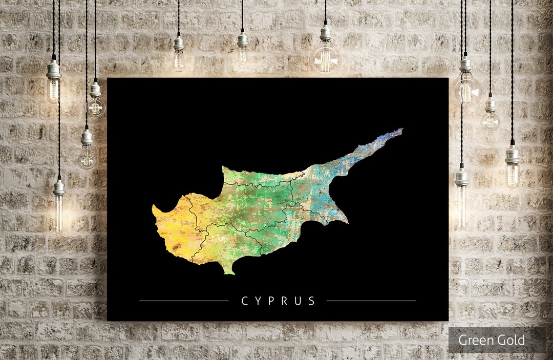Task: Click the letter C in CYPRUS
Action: click(244, 301)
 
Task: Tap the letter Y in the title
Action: click(258, 301)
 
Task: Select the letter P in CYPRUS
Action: click(271, 301)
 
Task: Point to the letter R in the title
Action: click(285, 301)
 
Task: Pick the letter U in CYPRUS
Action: click(298, 301)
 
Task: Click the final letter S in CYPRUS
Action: click(312, 301)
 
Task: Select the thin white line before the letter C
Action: click(184, 301)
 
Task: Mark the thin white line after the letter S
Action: click(371, 301)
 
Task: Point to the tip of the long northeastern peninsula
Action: click(401, 130)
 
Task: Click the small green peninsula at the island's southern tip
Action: click(229, 270)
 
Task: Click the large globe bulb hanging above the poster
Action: click(325, 58)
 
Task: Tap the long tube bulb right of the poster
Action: click(461, 205)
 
